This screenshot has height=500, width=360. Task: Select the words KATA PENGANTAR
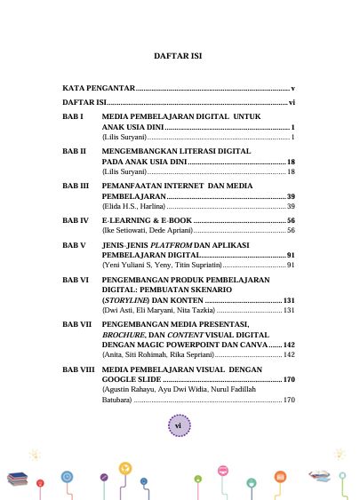pos(98,89)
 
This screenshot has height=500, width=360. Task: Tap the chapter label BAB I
pos(73,116)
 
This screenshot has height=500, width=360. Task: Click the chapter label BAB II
pos(74,151)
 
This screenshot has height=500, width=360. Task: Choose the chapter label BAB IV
pos(76,218)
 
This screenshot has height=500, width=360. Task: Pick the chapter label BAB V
pos(74,243)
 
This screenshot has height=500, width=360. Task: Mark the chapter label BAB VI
pos(76,279)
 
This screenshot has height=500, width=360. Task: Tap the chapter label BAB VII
pos(77,325)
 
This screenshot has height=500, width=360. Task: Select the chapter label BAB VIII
pos(79,368)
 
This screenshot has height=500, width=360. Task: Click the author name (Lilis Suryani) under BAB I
pos(124,138)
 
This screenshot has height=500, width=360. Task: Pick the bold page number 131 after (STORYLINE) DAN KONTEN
pos(288,300)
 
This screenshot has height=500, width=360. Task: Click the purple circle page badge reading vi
pos(178,426)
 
